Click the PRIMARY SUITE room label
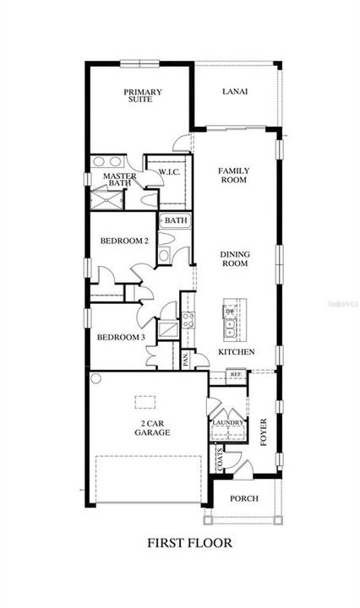[x=143, y=97]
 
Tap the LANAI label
[x=235, y=92]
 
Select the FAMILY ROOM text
[x=233, y=175]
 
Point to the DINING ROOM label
[x=234, y=258]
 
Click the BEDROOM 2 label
[x=124, y=241]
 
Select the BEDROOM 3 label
[x=121, y=338]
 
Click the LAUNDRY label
[x=227, y=422]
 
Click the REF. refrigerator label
[x=237, y=373]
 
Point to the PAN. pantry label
[x=185, y=360]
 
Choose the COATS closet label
[x=221, y=460]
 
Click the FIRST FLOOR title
[x=189, y=542]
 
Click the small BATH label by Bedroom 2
[x=176, y=220]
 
